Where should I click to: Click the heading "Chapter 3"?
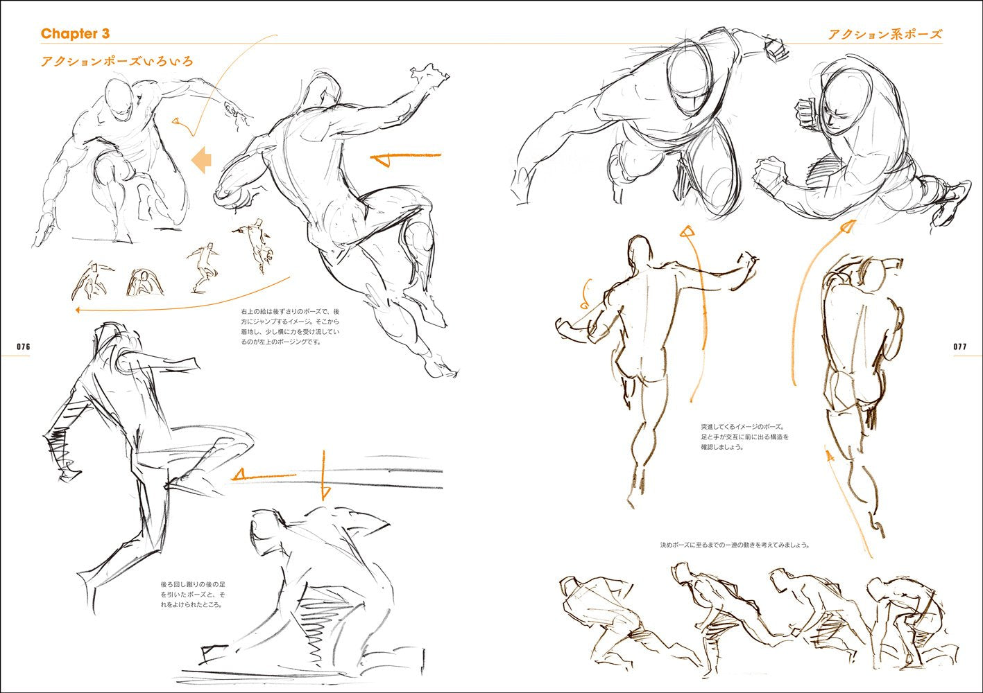pyautogui.click(x=75, y=34)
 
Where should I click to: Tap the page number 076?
pyautogui.click(x=24, y=346)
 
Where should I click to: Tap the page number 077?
pyautogui.click(x=959, y=346)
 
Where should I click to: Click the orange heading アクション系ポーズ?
pyautogui.click(x=885, y=34)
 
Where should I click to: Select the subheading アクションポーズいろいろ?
pyautogui.click(x=117, y=62)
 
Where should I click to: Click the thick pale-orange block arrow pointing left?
pyautogui.click(x=201, y=159)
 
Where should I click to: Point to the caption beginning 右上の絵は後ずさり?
pyautogui.click(x=290, y=326)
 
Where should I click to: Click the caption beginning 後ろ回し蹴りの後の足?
pyautogui.click(x=193, y=595)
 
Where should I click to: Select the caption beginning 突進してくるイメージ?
pyautogui.click(x=745, y=437)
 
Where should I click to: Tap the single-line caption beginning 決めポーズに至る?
pyautogui.click(x=735, y=545)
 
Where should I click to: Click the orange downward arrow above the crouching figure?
pyautogui.click(x=325, y=475)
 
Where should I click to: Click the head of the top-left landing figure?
pyautogui.click(x=119, y=99)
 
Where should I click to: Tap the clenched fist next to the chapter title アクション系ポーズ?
pyautogui.click(x=776, y=49)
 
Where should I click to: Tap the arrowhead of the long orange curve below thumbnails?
pyautogui.click(x=78, y=310)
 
